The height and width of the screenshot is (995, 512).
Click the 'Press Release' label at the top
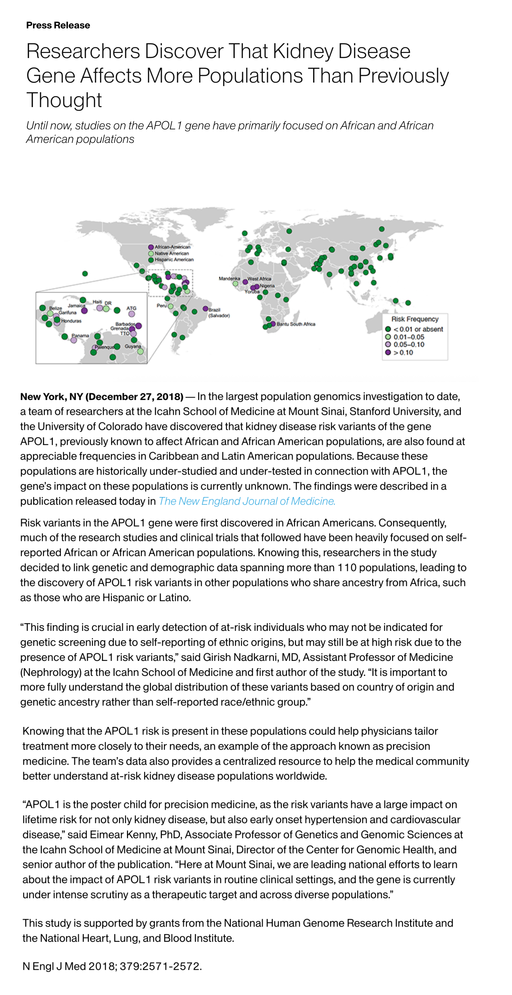(58, 25)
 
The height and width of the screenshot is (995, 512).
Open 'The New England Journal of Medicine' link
(247, 501)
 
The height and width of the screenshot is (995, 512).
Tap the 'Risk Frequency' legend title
(415, 319)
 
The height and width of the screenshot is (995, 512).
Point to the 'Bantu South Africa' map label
(296, 324)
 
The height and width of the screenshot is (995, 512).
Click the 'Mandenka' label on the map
(229, 278)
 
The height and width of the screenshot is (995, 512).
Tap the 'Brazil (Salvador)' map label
(219, 313)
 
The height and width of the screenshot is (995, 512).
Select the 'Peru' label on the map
(162, 305)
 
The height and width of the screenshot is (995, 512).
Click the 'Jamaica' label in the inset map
(76, 305)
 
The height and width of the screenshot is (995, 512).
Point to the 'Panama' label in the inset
(80, 336)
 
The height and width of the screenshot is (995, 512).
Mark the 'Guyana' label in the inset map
(133, 346)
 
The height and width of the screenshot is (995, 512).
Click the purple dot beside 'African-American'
(151, 247)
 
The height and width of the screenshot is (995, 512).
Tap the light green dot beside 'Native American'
(151, 254)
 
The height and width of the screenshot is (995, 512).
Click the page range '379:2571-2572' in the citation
(160, 966)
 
